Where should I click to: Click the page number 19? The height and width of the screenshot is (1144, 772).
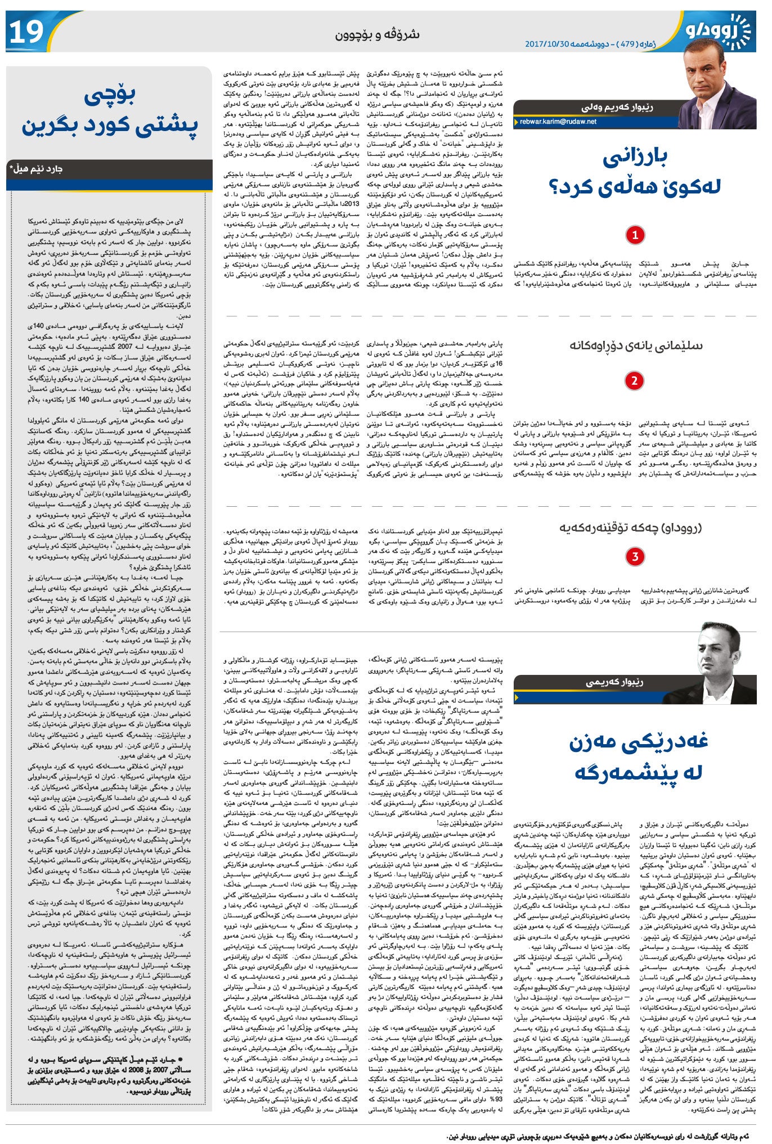pos(26,33)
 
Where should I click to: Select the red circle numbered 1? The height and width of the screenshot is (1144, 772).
pos(635,235)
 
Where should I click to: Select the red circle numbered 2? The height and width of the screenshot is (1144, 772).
pos(634,381)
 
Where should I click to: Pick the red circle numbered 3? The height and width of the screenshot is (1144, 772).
pos(635,557)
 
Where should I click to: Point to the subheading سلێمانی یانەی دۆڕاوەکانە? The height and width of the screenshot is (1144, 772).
pos(635,345)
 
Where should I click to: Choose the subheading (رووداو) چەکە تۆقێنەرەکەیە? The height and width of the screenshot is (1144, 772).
pos(630,528)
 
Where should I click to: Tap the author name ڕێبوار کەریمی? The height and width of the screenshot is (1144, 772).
pos(614,682)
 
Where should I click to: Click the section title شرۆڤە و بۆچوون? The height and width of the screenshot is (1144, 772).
pos(378,34)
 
